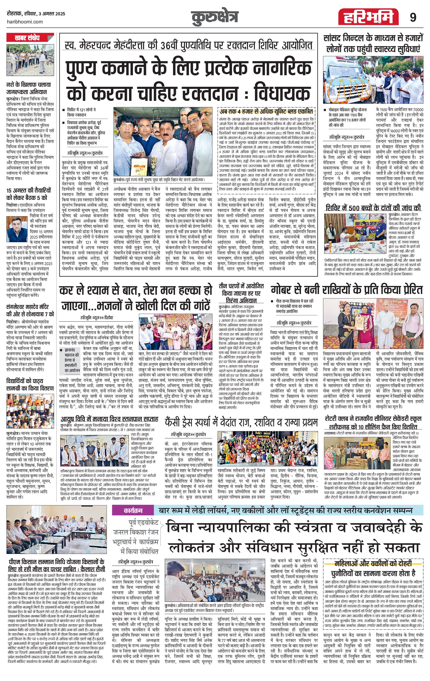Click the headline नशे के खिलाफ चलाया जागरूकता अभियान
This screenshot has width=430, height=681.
29,88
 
